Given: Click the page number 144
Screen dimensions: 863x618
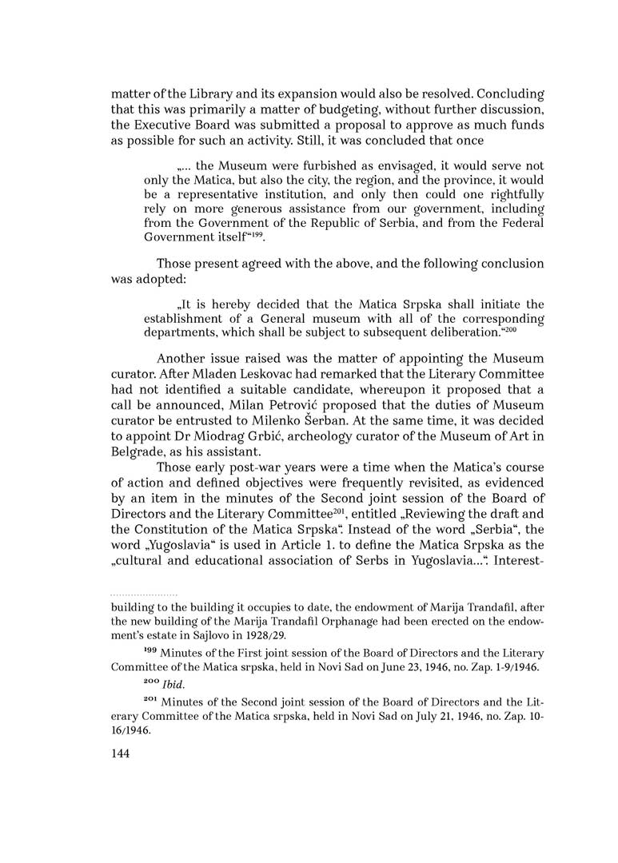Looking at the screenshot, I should click(122, 753).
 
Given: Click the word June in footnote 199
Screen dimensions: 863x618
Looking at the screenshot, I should click(378, 665).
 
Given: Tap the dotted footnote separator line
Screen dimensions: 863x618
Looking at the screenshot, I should click(144, 595).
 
